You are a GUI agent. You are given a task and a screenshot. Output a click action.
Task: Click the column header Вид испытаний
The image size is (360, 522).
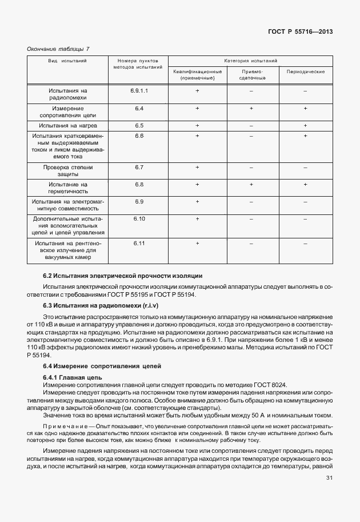[67, 61]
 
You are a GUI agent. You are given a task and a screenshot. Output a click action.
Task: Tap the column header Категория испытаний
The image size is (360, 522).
[250, 60]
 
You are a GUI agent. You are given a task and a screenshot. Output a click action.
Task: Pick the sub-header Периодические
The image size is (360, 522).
[305, 71]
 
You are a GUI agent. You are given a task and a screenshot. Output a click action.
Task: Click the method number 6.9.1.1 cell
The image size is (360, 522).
[139, 91]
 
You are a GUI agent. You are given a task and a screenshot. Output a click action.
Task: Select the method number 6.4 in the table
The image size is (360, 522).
[139, 108]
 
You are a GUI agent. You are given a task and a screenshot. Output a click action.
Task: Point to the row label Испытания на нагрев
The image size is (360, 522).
[67, 125]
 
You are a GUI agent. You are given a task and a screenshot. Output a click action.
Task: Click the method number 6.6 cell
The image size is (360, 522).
[139, 136]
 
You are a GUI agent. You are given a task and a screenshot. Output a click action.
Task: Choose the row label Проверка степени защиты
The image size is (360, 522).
[67, 172]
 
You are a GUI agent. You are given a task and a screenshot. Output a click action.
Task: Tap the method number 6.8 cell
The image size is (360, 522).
[139, 185]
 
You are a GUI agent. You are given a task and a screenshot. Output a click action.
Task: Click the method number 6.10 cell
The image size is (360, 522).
[139, 219]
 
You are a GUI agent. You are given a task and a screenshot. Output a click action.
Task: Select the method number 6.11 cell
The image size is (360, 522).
[139, 244]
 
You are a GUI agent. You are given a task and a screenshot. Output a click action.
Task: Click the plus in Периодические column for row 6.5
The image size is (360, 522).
[305, 125]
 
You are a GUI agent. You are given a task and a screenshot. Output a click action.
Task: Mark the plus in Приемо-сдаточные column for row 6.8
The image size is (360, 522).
[251, 185]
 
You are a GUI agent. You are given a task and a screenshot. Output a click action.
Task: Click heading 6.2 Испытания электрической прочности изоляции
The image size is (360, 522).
[122, 276]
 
